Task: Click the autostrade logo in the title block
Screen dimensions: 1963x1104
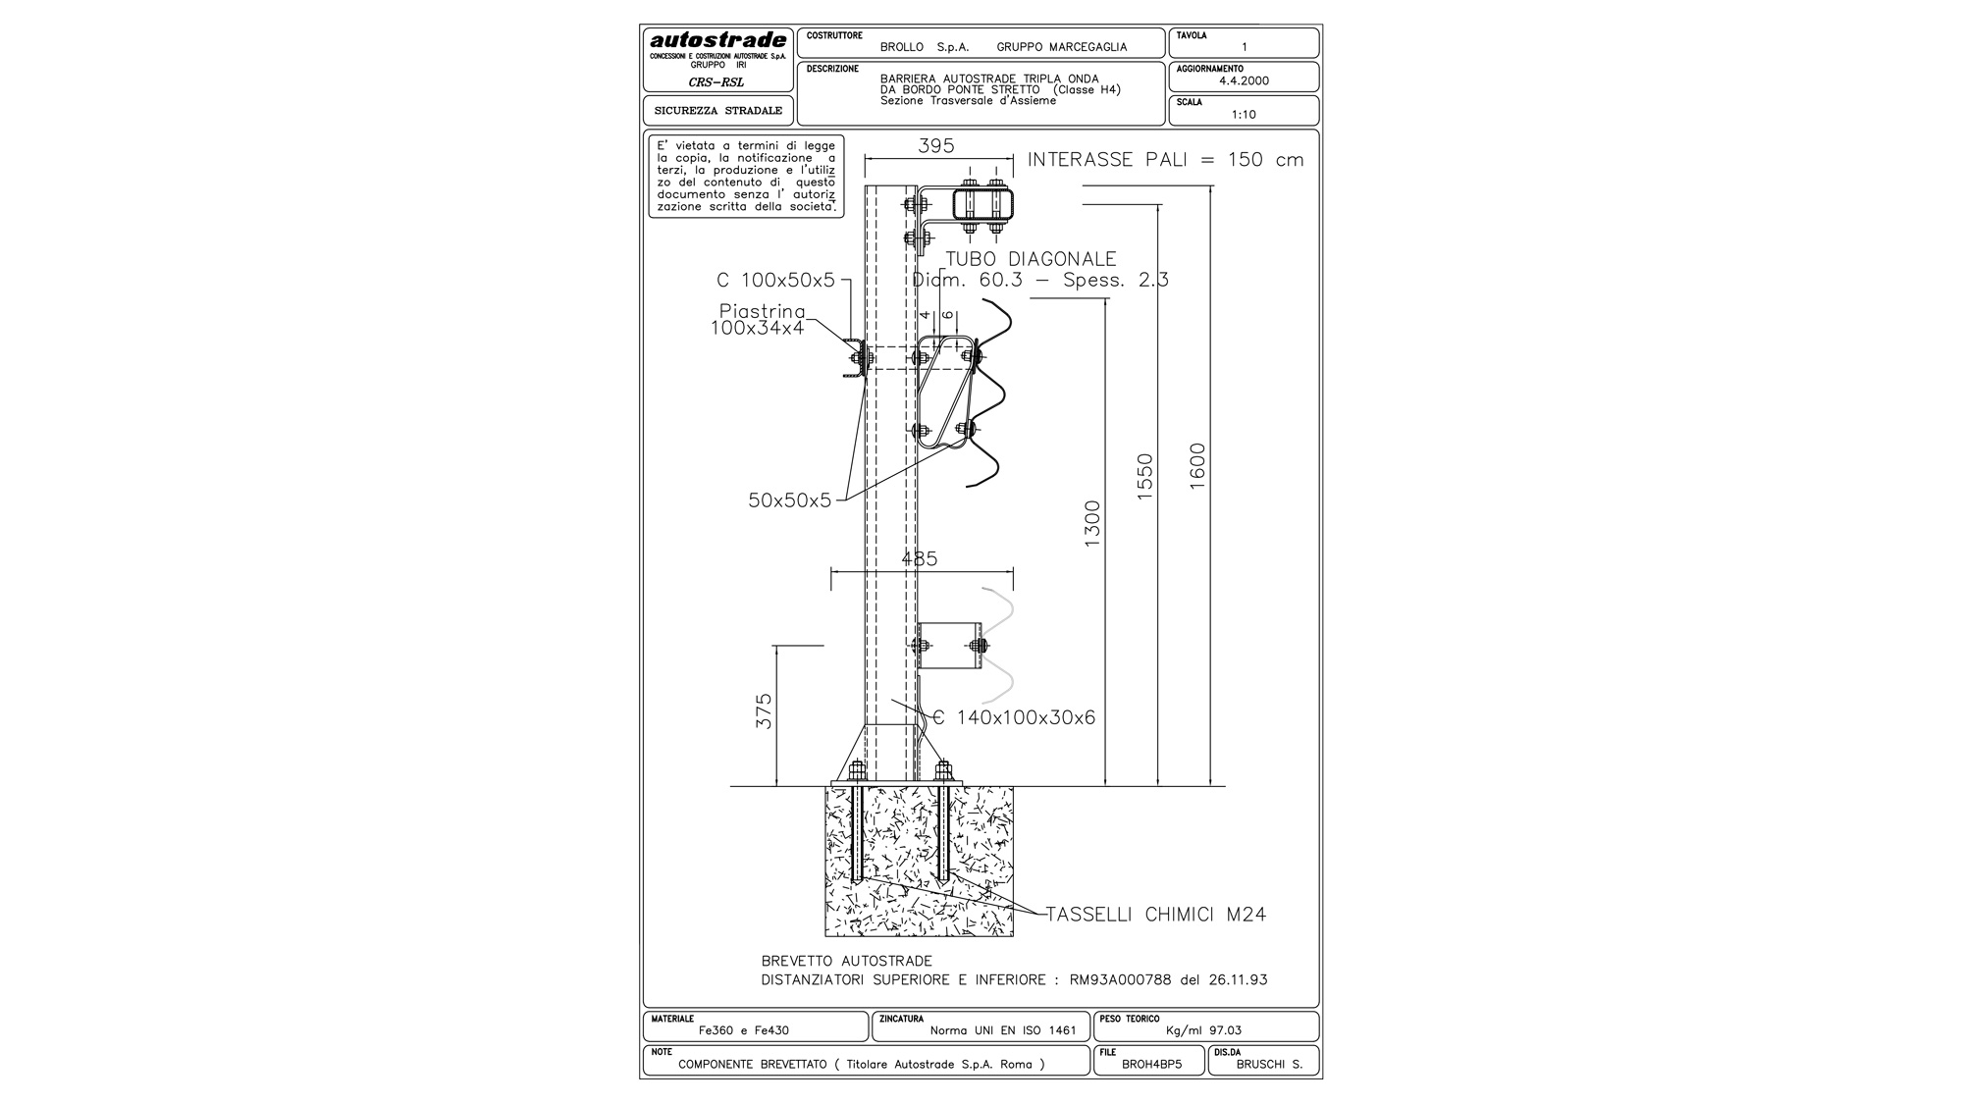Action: tap(718, 40)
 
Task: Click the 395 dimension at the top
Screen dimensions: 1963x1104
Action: tap(935, 145)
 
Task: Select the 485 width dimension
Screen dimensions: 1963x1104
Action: tap(920, 558)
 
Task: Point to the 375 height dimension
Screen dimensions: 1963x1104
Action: tap(764, 711)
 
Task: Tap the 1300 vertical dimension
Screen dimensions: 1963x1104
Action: tap(1092, 524)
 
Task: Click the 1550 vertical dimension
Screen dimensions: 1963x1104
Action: tap(1144, 477)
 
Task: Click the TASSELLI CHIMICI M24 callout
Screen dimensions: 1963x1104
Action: tap(1156, 915)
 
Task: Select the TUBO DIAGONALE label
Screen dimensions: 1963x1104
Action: tap(1031, 259)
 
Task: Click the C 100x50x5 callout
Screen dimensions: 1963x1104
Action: tap(775, 281)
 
